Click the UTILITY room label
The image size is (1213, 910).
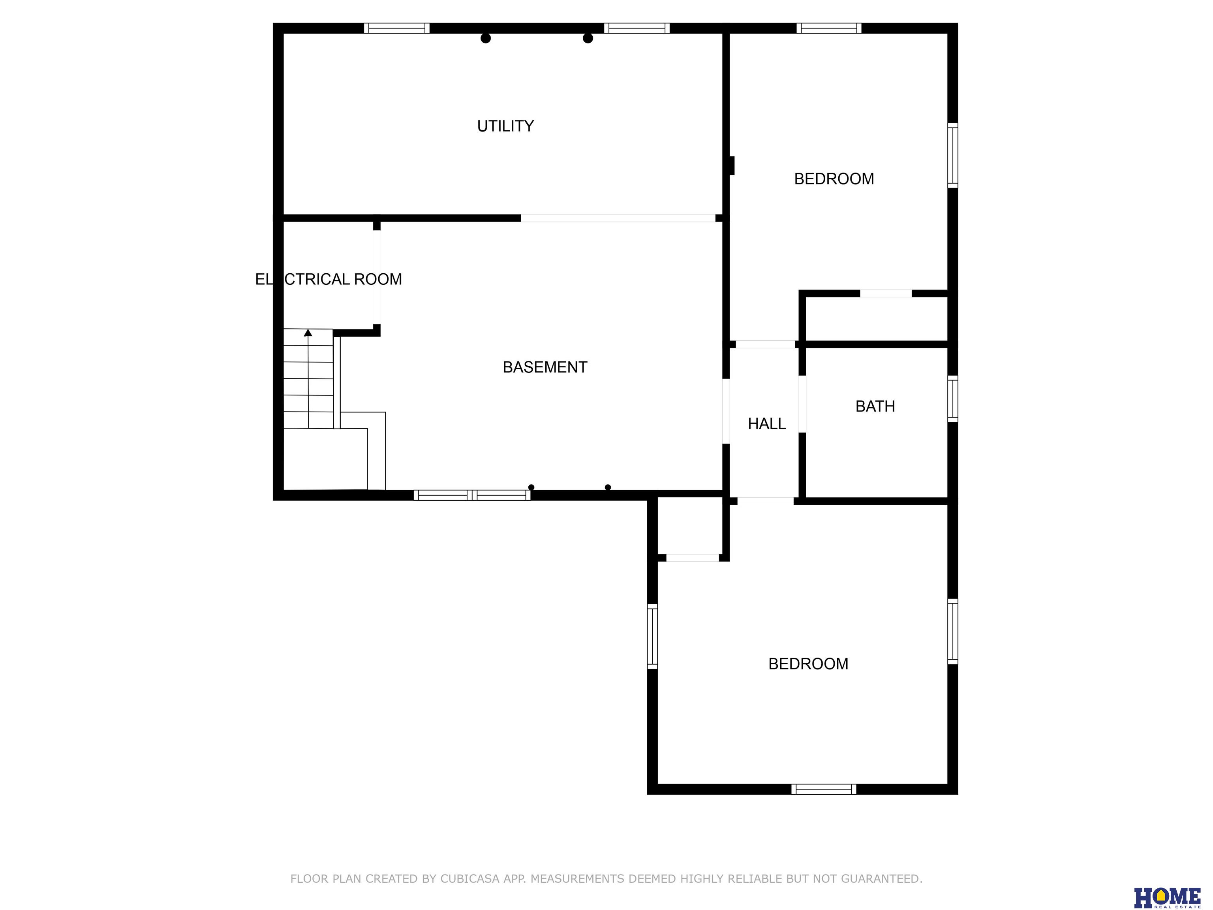(505, 126)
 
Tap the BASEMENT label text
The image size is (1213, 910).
(545, 367)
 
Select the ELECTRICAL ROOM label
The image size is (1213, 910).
(329, 279)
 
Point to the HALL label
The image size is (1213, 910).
(767, 423)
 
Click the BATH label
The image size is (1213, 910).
(875, 406)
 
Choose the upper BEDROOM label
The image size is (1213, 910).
(834, 179)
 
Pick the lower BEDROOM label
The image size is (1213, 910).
(808, 664)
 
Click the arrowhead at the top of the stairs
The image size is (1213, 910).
(308, 333)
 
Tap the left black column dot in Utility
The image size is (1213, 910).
(485, 38)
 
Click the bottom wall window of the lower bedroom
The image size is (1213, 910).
(824, 789)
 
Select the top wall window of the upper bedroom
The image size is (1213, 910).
(828, 28)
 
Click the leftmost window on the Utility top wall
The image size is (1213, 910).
(396, 28)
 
